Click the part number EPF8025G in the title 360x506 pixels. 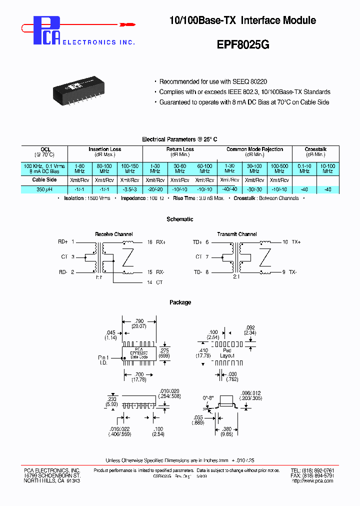point(243,43)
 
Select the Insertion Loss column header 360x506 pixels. point(104,149)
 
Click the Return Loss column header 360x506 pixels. point(180,149)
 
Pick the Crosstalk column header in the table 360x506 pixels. point(316,149)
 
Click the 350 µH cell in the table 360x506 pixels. point(44,189)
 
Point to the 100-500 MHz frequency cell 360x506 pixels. point(279,168)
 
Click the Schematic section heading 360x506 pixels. point(180,219)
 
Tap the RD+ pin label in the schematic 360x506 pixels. point(63,242)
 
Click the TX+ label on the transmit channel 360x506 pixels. point(296,242)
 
